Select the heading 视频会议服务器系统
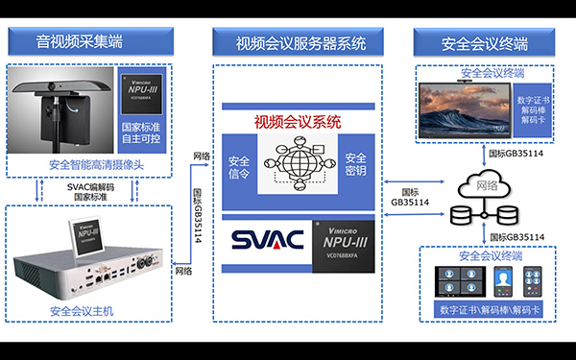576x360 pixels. [x=300, y=43]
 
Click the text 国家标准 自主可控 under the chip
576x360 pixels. [x=142, y=133]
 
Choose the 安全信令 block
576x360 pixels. [x=237, y=164]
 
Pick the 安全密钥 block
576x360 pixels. [x=355, y=164]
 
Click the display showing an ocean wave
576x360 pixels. [x=466, y=108]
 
